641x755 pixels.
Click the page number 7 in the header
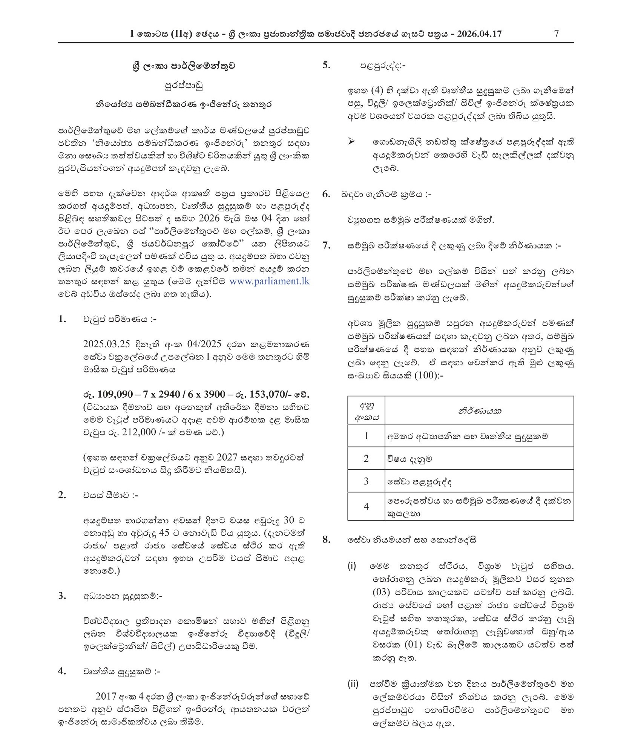click(556, 33)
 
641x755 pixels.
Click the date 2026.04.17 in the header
click(479, 34)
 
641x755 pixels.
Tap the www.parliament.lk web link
click(269, 281)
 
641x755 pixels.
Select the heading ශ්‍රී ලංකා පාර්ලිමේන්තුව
click(184, 66)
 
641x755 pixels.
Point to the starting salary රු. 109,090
click(108, 394)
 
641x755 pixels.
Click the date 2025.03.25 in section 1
click(106, 344)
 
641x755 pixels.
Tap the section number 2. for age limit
click(62, 495)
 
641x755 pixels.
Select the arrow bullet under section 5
click(351, 142)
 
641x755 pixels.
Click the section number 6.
click(326, 194)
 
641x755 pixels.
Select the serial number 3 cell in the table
click(366, 481)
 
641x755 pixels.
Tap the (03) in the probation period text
click(381, 592)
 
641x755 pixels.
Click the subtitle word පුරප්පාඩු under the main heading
click(184, 86)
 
